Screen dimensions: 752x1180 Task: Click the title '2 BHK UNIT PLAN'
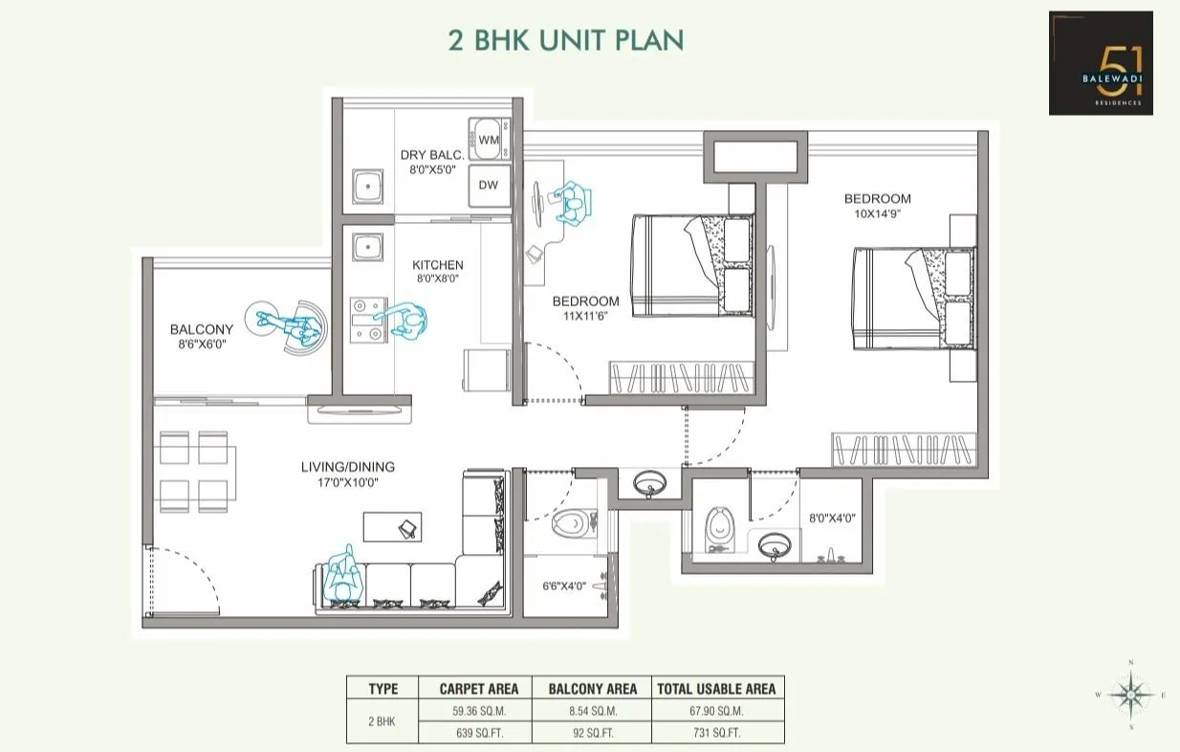point(566,40)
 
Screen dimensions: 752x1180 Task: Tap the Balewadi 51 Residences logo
point(1101,63)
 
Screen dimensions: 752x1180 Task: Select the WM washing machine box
point(489,141)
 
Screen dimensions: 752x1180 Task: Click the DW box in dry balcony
point(488,186)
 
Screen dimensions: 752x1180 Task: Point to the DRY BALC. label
point(432,155)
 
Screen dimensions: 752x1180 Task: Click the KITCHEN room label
point(437,265)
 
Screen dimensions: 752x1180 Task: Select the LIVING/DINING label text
point(347,467)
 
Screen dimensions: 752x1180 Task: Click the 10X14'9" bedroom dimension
point(877,214)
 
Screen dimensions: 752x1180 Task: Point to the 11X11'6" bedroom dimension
point(585,316)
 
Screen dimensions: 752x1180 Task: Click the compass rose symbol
point(1131,694)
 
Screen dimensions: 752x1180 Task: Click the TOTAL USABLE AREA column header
point(717,688)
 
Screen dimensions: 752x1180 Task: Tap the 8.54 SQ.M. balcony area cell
point(593,711)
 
